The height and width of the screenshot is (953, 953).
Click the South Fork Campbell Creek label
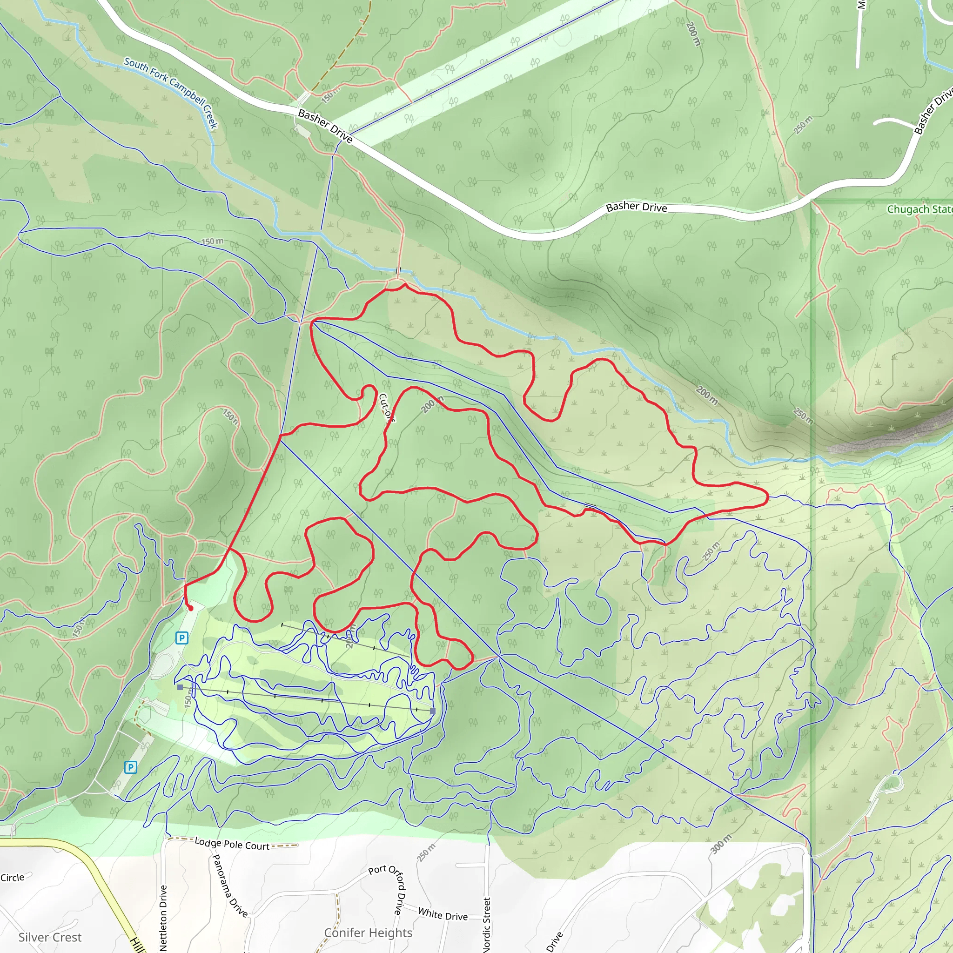[x=171, y=92]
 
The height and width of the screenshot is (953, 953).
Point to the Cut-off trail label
[x=387, y=408]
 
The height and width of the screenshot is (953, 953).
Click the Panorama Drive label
[x=229, y=886]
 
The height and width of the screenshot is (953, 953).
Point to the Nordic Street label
[x=487, y=925]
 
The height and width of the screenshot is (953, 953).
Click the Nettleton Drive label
[x=163, y=918]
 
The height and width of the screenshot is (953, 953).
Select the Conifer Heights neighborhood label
[x=368, y=933]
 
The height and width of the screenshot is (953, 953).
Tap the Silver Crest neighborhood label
[x=50, y=937]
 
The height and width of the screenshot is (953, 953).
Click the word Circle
[x=13, y=878]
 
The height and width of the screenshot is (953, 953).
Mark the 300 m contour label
[x=721, y=844]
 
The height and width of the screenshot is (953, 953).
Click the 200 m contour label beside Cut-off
[x=433, y=404]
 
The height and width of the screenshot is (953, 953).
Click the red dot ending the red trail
[x=191, y=609]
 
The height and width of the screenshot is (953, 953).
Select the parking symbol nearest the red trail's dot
[x=181, y=638]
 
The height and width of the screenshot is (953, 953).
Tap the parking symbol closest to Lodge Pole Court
[x=130, y=767]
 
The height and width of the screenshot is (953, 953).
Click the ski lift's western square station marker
[x=180, y=687]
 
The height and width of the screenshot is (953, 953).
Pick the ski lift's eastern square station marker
[x=433, y=711]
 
